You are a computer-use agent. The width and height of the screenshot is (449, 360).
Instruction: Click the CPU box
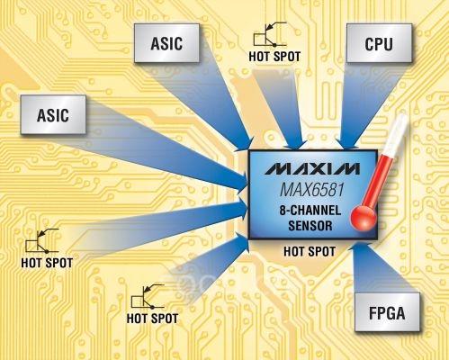(379, 43)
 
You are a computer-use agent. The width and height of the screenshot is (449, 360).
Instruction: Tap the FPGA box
(387, 312)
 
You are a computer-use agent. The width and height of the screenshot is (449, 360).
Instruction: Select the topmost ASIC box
(166, 43)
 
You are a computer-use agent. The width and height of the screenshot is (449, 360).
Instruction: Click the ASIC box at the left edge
(53, 114)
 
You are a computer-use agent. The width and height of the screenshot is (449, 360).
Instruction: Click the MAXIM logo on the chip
(312, 168)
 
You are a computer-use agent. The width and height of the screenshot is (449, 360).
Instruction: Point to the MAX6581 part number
(312, 190)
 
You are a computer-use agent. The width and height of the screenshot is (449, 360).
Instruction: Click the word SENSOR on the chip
(310, 226)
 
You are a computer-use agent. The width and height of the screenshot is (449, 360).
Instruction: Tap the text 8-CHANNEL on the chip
(310, 211)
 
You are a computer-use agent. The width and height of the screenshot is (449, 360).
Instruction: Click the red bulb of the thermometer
(364, 217)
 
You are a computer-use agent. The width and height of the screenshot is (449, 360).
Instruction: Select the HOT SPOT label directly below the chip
(310, 251)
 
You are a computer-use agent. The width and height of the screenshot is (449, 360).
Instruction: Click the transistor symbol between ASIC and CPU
(269, 34)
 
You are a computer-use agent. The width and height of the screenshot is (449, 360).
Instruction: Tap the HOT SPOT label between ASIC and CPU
(274, 57)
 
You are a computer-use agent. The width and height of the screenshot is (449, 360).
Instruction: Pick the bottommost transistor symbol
(148, 296)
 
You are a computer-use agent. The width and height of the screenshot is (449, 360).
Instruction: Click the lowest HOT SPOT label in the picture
(152, 319)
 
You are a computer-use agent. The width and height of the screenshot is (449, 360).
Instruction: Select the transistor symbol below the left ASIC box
(42, 240)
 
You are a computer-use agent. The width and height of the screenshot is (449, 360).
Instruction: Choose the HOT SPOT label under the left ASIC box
(47, 263)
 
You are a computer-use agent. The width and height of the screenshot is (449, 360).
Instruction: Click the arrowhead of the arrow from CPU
(348, 143)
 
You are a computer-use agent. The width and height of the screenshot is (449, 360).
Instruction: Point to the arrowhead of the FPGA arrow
(359, 247)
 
